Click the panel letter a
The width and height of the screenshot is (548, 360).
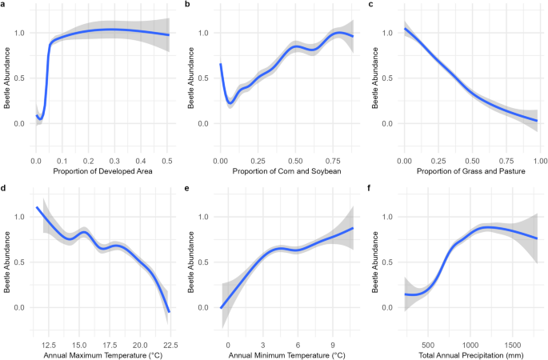click(3, 5)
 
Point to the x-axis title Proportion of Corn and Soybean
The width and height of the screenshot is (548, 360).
click(286, 172)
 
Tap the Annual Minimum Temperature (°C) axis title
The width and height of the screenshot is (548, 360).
click(286, 354)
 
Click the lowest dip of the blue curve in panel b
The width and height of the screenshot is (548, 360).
click(230, 102)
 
